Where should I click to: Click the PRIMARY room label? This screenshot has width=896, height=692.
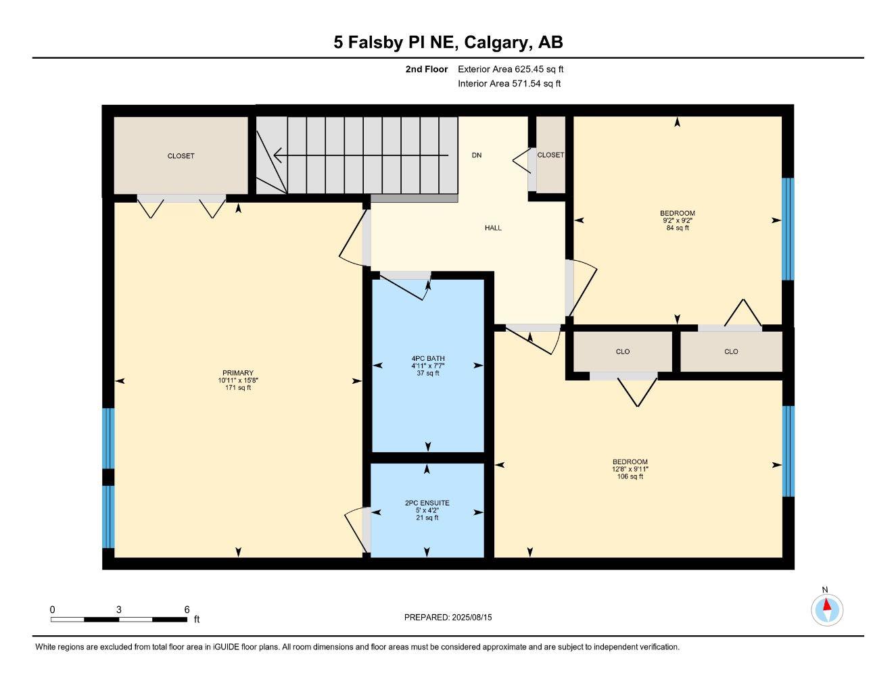(x=237, y=373)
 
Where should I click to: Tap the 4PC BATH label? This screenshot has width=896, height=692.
(x=427, y=359)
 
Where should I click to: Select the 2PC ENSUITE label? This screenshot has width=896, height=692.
(x=427, y=503)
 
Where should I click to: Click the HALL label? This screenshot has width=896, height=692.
(x=493, y=228)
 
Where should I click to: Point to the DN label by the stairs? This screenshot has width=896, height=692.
(x=477, y=155)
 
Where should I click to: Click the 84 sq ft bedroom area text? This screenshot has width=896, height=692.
(x=677, y=228)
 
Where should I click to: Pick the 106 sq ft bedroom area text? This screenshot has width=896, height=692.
(x=630, y=476)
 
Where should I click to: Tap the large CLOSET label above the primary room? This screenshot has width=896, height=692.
(x=181, y=156)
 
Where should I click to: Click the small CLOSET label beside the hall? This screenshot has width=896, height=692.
(x=550, y=155)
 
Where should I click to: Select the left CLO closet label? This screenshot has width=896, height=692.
(x=623, y=351)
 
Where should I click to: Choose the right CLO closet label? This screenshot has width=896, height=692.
(x=731, y=351)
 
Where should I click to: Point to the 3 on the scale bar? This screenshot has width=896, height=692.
(x=119, y=610)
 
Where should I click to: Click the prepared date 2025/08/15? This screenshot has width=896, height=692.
(x=473, y=617)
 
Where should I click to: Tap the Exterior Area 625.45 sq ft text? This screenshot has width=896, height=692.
(x=511, y=69)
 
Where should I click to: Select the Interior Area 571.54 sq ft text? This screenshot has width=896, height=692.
(x=509, y=84)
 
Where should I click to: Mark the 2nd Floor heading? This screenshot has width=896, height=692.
(x=426, y=69)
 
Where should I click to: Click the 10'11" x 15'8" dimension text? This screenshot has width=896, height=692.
(x=237, y=380)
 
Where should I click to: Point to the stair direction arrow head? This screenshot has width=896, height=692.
(x=277, y=155)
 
